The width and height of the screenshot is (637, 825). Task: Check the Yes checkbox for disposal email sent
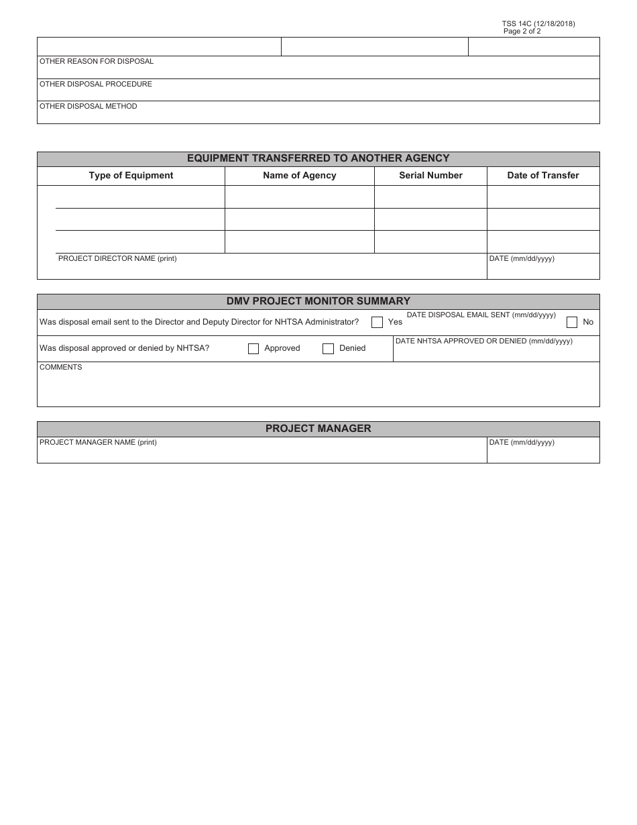[377, 322]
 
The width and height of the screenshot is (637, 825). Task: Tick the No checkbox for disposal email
[572, 322]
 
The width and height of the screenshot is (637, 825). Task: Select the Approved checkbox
[253, 349]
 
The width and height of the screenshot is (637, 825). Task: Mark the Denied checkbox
[328, 349]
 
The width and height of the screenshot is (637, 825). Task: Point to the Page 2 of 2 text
[522, 32]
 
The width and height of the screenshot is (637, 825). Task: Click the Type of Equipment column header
[131, 176]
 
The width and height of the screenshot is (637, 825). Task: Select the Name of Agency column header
[299, 176]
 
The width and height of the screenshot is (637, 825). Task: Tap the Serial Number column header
[430, 176]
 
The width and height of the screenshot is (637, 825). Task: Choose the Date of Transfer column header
[543, 176]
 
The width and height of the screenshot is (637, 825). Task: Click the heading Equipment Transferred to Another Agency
[318, 159]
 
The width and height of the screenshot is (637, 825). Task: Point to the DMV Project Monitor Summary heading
[318, 301]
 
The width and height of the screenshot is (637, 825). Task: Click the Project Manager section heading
[318, 429]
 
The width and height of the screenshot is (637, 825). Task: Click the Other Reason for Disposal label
[97, 62]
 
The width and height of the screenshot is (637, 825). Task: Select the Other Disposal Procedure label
[96, 85]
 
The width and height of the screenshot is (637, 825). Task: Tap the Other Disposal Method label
[89, 107]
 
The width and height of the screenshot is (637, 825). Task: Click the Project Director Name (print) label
[117, 259]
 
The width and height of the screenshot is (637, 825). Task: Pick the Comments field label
[61, 368]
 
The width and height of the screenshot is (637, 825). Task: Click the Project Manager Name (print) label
[98, 443]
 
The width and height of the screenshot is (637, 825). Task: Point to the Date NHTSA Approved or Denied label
[483, 341]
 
